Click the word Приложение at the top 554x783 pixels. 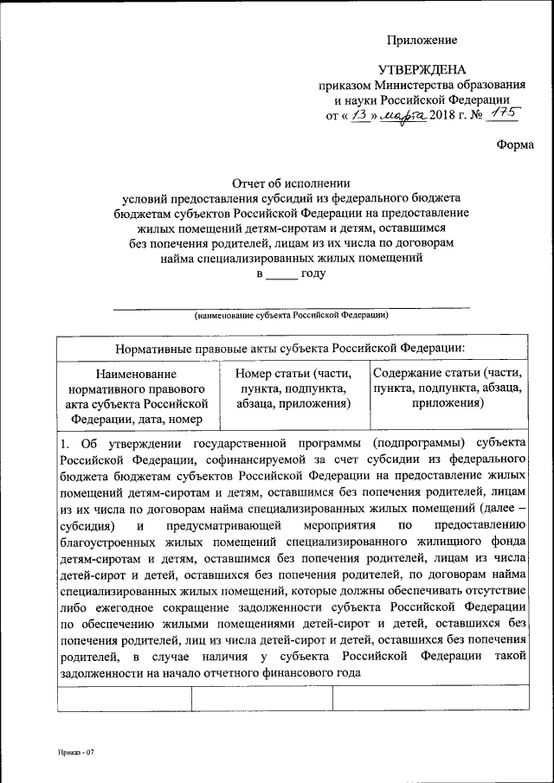tap(422, 40)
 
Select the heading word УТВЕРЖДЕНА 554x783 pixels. tap(422, 70)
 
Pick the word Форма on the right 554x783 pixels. tap(514, 144)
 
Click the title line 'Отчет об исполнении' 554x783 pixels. tap(291, 183)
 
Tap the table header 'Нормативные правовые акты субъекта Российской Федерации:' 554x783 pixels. tap(291, 347)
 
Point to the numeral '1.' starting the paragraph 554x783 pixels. tap(65, 444)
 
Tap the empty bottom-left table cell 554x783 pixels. tap(124, 698)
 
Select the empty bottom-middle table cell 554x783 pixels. tap(261, 698)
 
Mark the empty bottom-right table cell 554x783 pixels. tap(430, 698)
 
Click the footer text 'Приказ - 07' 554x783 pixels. tap(75, 753)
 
